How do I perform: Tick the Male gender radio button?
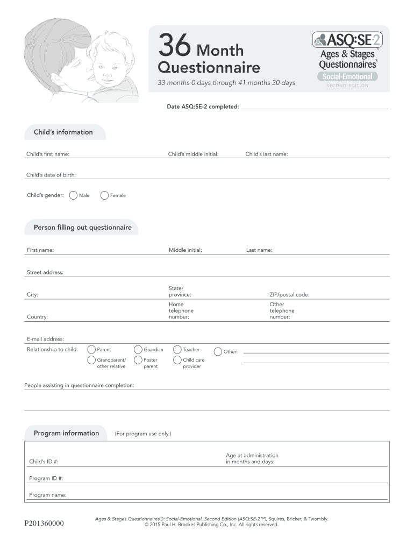point(74,195)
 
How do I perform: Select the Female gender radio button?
point(105,195)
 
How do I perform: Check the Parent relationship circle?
point(91,350)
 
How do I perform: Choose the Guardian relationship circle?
point(138,350)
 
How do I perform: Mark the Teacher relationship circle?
point(177,350)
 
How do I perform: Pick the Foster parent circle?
point(138,360)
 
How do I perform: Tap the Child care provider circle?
point(177,360)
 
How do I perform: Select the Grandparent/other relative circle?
point(91,360)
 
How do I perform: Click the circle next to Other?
point(218,351)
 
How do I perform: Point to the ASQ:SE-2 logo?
point(347,40)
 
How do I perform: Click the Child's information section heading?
point(63,132)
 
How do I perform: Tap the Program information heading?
point(66,433)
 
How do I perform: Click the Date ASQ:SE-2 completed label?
point(203,107)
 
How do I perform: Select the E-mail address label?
point(46,339)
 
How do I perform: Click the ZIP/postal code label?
point(289,295)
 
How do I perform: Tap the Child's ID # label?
point(44,462)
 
